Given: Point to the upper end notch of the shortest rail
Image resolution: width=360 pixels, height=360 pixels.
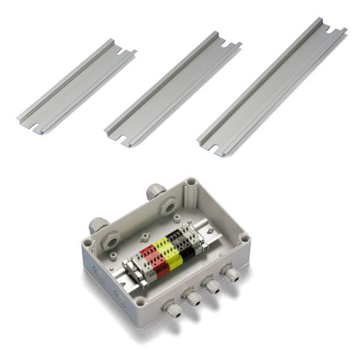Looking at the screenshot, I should click(x=122, y=52).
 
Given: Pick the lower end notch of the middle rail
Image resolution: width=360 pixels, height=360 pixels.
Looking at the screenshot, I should click(x=122, y=139).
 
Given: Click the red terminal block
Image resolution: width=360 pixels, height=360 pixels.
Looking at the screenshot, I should click(x=154, y=259).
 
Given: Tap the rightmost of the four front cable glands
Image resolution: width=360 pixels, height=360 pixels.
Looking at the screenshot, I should click(x=230, y=274).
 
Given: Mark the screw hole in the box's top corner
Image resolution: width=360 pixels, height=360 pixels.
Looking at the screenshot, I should click(x=191, y=181).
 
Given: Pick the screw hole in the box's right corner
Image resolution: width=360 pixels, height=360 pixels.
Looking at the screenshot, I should click(x=244, y=238).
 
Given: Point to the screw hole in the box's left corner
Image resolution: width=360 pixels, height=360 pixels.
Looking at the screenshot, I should click(x=89, y=243).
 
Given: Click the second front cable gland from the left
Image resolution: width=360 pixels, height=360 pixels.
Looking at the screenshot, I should click(x=191, y=296).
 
